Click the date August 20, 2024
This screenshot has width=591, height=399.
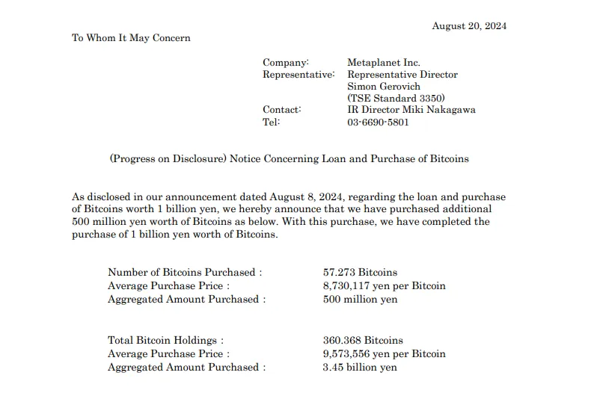point(469,26)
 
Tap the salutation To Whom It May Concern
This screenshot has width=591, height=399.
point(131,38)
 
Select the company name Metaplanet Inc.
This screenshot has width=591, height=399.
point(384,63)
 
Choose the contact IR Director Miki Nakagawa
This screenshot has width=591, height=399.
point(411,110)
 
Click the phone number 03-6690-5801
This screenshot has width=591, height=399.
point(378,122)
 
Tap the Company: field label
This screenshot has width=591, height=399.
point(285,63)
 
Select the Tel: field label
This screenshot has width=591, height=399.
point(271,122)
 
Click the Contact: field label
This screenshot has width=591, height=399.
point(282,110)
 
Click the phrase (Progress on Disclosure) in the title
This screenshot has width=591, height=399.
point(168,158)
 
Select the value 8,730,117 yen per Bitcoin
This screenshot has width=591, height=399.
point(384,286)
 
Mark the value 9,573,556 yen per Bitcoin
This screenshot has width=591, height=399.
point(384,354)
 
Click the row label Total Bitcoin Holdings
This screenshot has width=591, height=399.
point(165,341)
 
